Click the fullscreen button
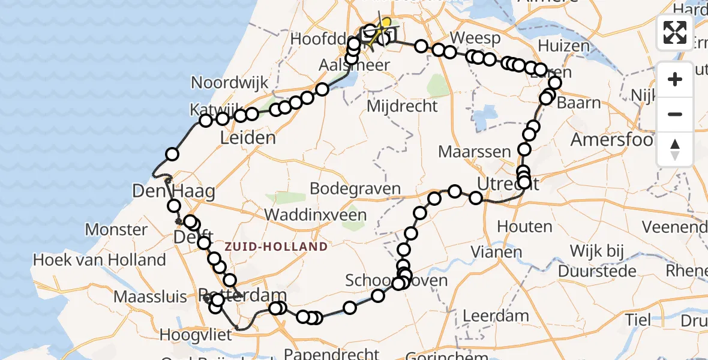click(675, 32)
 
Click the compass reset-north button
click(675, 149)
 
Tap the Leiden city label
click(248, 138)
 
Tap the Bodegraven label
click(355, 188)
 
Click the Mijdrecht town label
click(402, 106)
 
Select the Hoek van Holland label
click(100, 260)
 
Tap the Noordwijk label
click(230, 83)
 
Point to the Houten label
click(524, 227)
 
